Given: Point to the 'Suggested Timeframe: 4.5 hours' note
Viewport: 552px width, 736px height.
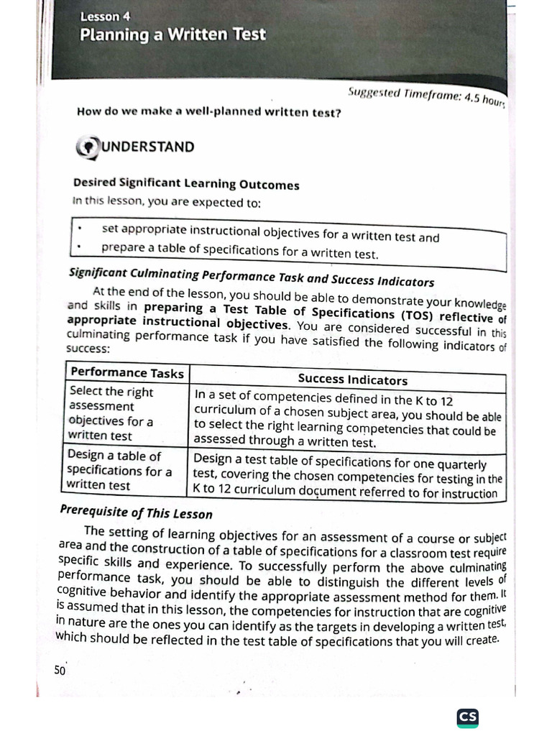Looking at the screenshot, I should [426, 96].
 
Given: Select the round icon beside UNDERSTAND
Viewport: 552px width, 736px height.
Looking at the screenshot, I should [87, 147].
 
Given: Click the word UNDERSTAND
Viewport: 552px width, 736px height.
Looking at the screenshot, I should [147, 147].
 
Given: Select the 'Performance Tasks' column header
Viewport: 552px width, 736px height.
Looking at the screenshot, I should [126, 372].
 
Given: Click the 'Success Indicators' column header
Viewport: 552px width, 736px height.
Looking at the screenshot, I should [352, 379].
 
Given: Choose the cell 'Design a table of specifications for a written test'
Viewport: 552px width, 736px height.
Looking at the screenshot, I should [119, 470].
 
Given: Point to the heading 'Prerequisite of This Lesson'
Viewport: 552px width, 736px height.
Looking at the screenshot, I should [136, 513].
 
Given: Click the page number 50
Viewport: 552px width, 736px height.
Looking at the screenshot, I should [59, 670].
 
